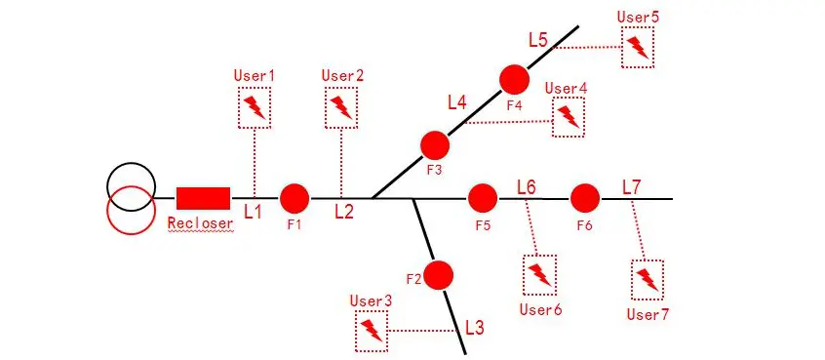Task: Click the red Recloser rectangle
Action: point(204,198)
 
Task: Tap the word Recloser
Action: point(201,223)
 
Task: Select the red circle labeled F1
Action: point(295,198)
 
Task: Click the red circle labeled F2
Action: point(440,276)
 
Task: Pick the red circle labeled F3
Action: point(434,145)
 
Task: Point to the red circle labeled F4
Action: point(514,80)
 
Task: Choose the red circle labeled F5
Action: point(483,198)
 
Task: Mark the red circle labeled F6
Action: point(585,198)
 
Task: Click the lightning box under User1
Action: point(255,107)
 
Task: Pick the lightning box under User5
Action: point(638,46)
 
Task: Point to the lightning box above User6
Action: point(539,275)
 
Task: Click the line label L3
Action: point(474,327)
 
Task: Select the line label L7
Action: point(631,185)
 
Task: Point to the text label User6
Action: point(540,309)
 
